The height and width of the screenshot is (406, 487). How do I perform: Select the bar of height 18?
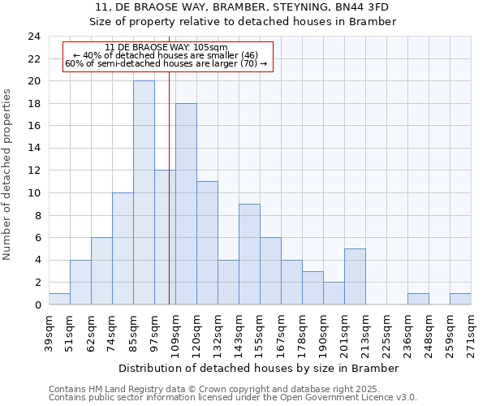coord(186,204)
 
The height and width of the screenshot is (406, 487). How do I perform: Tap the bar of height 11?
coord(207,243)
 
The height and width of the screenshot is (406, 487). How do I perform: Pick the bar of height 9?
coord(249,254)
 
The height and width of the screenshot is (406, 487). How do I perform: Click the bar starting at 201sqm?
coord(355,276)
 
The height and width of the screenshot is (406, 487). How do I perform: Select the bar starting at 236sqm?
coord(418,299)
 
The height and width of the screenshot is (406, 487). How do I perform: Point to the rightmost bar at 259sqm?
coord(460,299)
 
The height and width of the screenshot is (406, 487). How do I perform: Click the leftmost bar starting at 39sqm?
coord(59,299)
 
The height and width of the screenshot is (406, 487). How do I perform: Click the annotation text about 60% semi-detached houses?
coord(166,63)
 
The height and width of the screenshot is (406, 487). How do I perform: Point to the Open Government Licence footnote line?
coord(233,398)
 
